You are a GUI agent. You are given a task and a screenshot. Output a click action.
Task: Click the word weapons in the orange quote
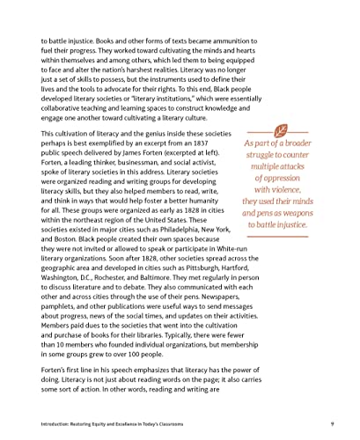[x=298, y=211]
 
